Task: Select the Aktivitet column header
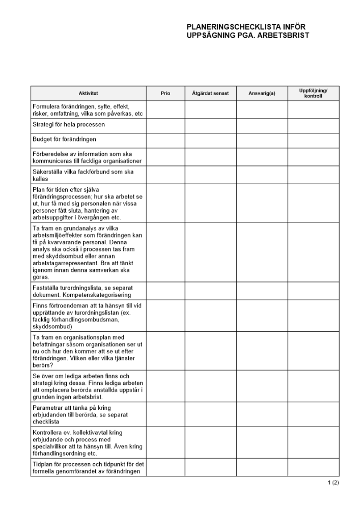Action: pos(88,93)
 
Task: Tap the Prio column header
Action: pos(165,93)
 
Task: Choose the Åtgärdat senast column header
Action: pos(210,93)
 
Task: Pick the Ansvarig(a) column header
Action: pos(262,93)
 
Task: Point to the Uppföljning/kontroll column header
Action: pos(313,93)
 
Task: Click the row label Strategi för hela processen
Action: pos(69,125)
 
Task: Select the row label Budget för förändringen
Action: pos(64,139)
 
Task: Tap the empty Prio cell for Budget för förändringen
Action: pos(165,140)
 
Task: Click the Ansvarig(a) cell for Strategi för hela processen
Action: pos(262,126)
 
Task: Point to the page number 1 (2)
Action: pos(333,483)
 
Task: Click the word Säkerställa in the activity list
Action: pos(48,172)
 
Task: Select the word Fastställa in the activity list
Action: pos(47,288)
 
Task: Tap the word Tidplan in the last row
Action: pos(43,464)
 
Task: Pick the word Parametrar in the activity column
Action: pos(48,408)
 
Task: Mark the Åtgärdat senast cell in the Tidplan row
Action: pos(210,467)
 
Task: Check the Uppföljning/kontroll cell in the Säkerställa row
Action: pos(313,176)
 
